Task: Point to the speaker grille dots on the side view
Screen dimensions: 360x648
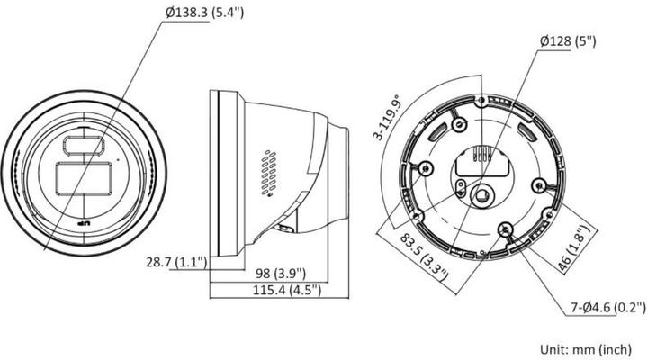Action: [266, 172]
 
